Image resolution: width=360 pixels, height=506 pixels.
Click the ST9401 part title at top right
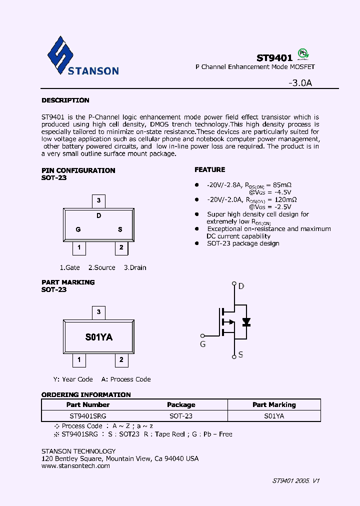tap(274, 57)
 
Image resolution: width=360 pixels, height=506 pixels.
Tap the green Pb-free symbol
tap(302, 54)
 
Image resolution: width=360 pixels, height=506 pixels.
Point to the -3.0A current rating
tap(300, 83)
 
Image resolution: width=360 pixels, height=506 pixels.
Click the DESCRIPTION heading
tap(65, 100)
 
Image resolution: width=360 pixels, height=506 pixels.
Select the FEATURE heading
tap(210, 169)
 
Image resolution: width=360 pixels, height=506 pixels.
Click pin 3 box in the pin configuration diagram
tap(99, 201)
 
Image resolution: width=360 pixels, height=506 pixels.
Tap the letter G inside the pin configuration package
tap(78, 229)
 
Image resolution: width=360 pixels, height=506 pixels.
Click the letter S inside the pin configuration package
tap(120, 229)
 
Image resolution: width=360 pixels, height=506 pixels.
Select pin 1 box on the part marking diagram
tap(78, 359)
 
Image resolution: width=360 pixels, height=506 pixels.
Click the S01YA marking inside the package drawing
tap(99, 337)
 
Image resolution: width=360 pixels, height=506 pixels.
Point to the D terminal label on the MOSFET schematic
tap(241, 286)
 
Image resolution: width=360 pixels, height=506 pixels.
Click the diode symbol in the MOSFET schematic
tap(246, 321)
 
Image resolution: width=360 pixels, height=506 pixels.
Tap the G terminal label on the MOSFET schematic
tap(202, 344)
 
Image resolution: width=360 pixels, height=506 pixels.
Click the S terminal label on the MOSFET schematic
tap(240, 354)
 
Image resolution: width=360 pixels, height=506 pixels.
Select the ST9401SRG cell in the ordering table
tap(88, 415)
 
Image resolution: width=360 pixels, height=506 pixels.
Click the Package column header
tap(181, 404)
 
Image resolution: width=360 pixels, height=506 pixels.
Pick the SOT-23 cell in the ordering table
tap(181, 415)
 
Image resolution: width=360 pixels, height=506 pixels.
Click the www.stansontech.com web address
tap(75, 465)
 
